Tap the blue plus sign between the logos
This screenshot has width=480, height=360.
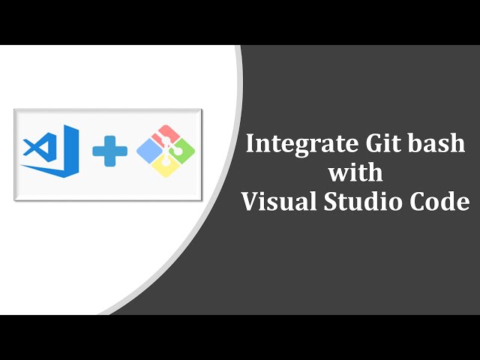pos(110,150)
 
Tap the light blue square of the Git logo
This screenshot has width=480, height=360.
pos(148,151)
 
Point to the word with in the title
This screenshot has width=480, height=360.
pos(355,172)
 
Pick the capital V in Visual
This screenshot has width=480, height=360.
pos(248,201)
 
